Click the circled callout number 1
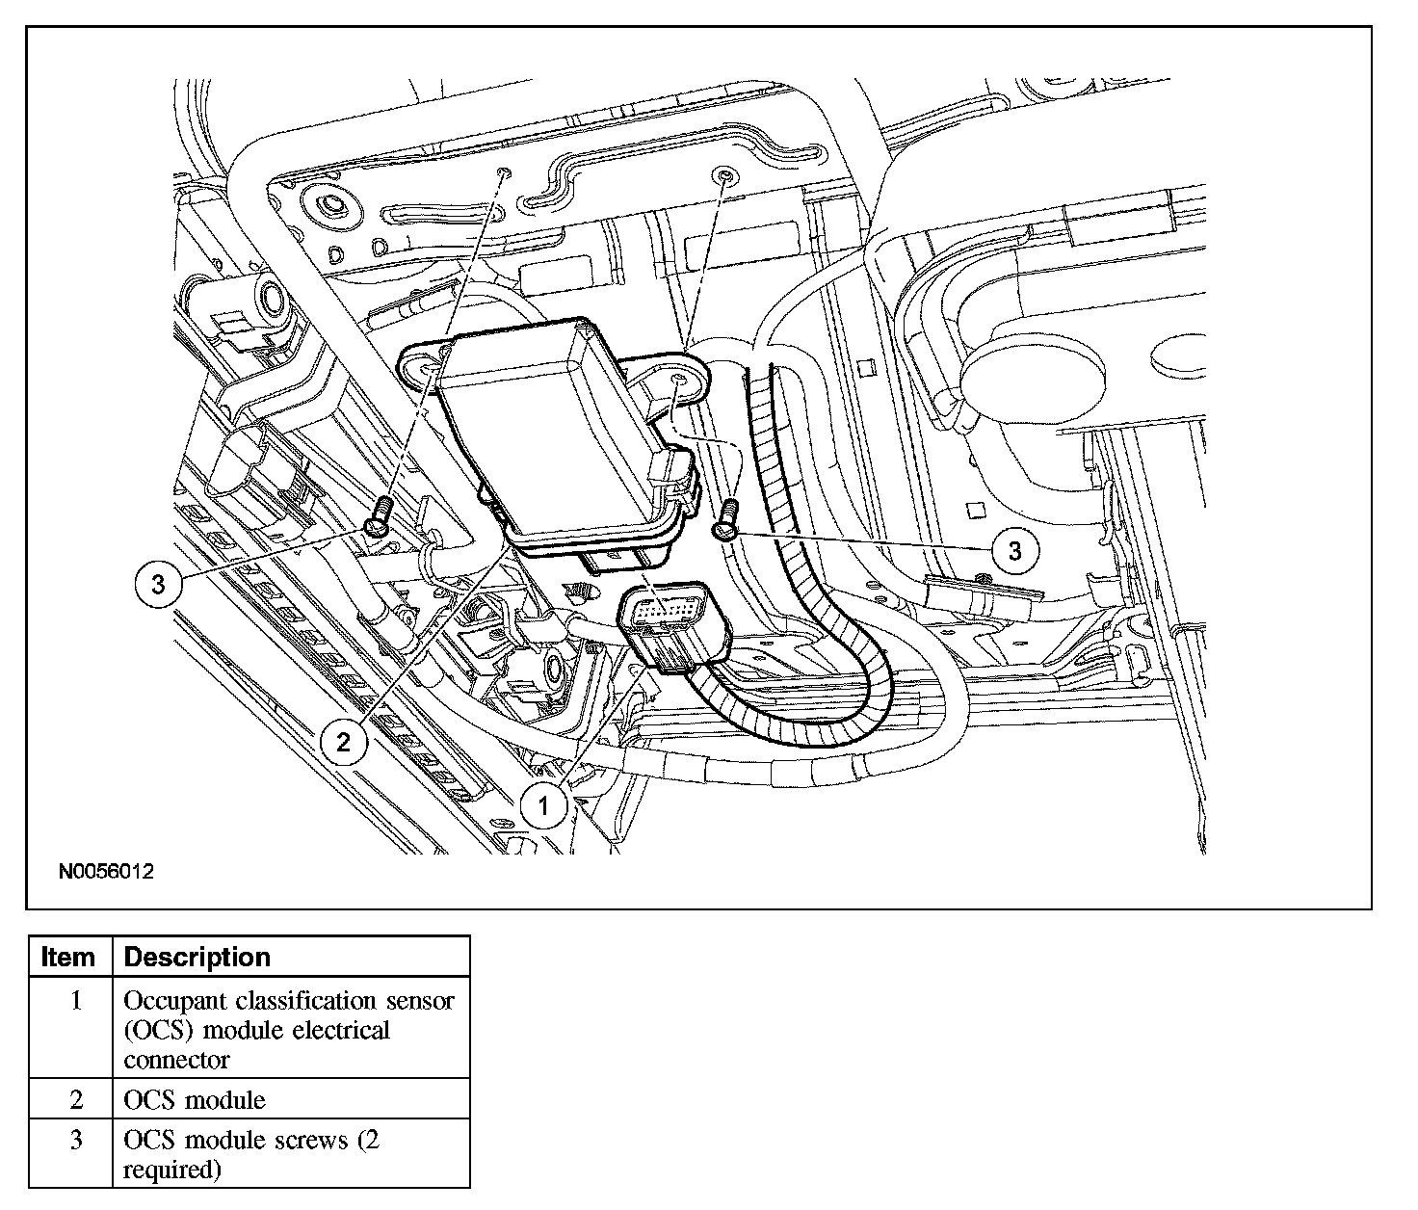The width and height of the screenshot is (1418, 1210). tap(544, 804)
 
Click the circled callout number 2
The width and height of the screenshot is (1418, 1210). tap(344, 741)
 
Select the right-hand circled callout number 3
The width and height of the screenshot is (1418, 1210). tap(1014, 550)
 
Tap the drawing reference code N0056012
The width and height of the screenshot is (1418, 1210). tap(106, 872)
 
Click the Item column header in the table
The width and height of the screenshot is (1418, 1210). tap(69, 958)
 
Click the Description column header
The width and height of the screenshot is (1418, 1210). tap(197, 958)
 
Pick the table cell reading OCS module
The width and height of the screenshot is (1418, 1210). tap(195, 1099)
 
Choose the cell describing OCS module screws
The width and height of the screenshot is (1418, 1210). tap(251, 1154)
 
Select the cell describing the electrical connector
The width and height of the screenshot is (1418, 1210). tap(289, 1030)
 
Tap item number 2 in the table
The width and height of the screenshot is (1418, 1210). tap(76, 1099)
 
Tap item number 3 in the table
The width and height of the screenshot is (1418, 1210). tap(76, 1141)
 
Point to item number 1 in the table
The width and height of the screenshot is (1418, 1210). tap(76, 1001)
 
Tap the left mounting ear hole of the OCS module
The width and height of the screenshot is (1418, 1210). tap(427, 363)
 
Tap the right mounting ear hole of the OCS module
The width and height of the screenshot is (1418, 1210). tap(680, 381)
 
